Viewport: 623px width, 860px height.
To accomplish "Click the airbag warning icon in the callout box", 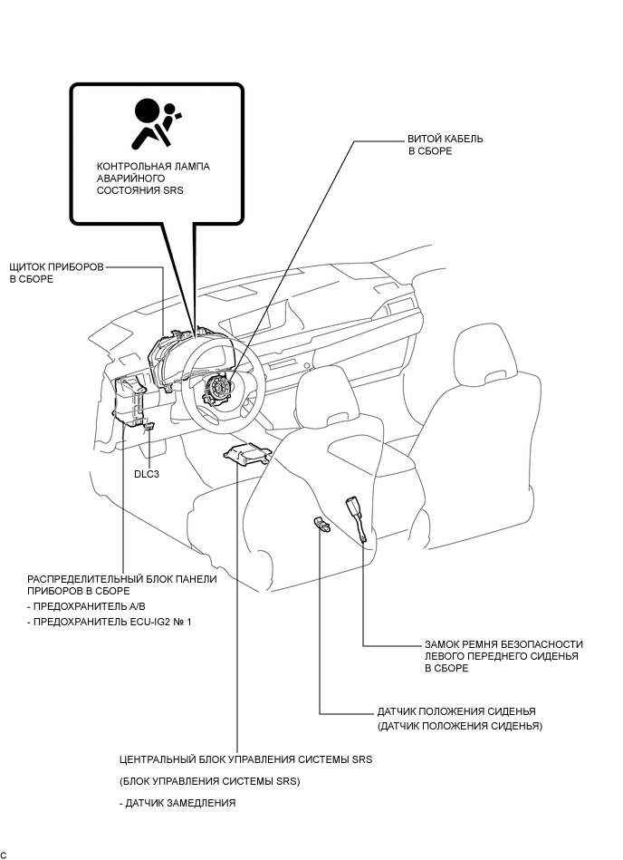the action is [156, 123].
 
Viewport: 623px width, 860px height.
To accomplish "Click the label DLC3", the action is [147, 474].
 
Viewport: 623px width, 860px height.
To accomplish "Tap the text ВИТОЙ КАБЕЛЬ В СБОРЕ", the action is [446, 145].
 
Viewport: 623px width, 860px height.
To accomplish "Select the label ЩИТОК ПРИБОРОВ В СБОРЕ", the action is [57, 273].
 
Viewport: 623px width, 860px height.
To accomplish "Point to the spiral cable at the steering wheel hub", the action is [220, 391].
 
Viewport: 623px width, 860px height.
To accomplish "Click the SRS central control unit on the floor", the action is [248, 454].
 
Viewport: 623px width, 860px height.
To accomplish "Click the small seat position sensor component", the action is [322, 525].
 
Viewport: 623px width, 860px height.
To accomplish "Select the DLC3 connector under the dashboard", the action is [149, 426].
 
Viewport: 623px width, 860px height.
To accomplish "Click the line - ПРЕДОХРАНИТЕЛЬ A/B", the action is [87, 606].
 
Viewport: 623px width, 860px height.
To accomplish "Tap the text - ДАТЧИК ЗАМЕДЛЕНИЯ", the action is [177, 803].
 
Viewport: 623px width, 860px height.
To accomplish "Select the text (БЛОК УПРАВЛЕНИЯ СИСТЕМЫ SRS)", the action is [210, 781].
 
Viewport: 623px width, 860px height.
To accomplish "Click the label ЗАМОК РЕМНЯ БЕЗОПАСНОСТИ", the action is [503, 644].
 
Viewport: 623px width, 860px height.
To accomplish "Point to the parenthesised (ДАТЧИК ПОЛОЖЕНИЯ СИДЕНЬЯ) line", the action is [460, 726].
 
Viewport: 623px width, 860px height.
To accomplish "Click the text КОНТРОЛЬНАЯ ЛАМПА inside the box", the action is [153, 166].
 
